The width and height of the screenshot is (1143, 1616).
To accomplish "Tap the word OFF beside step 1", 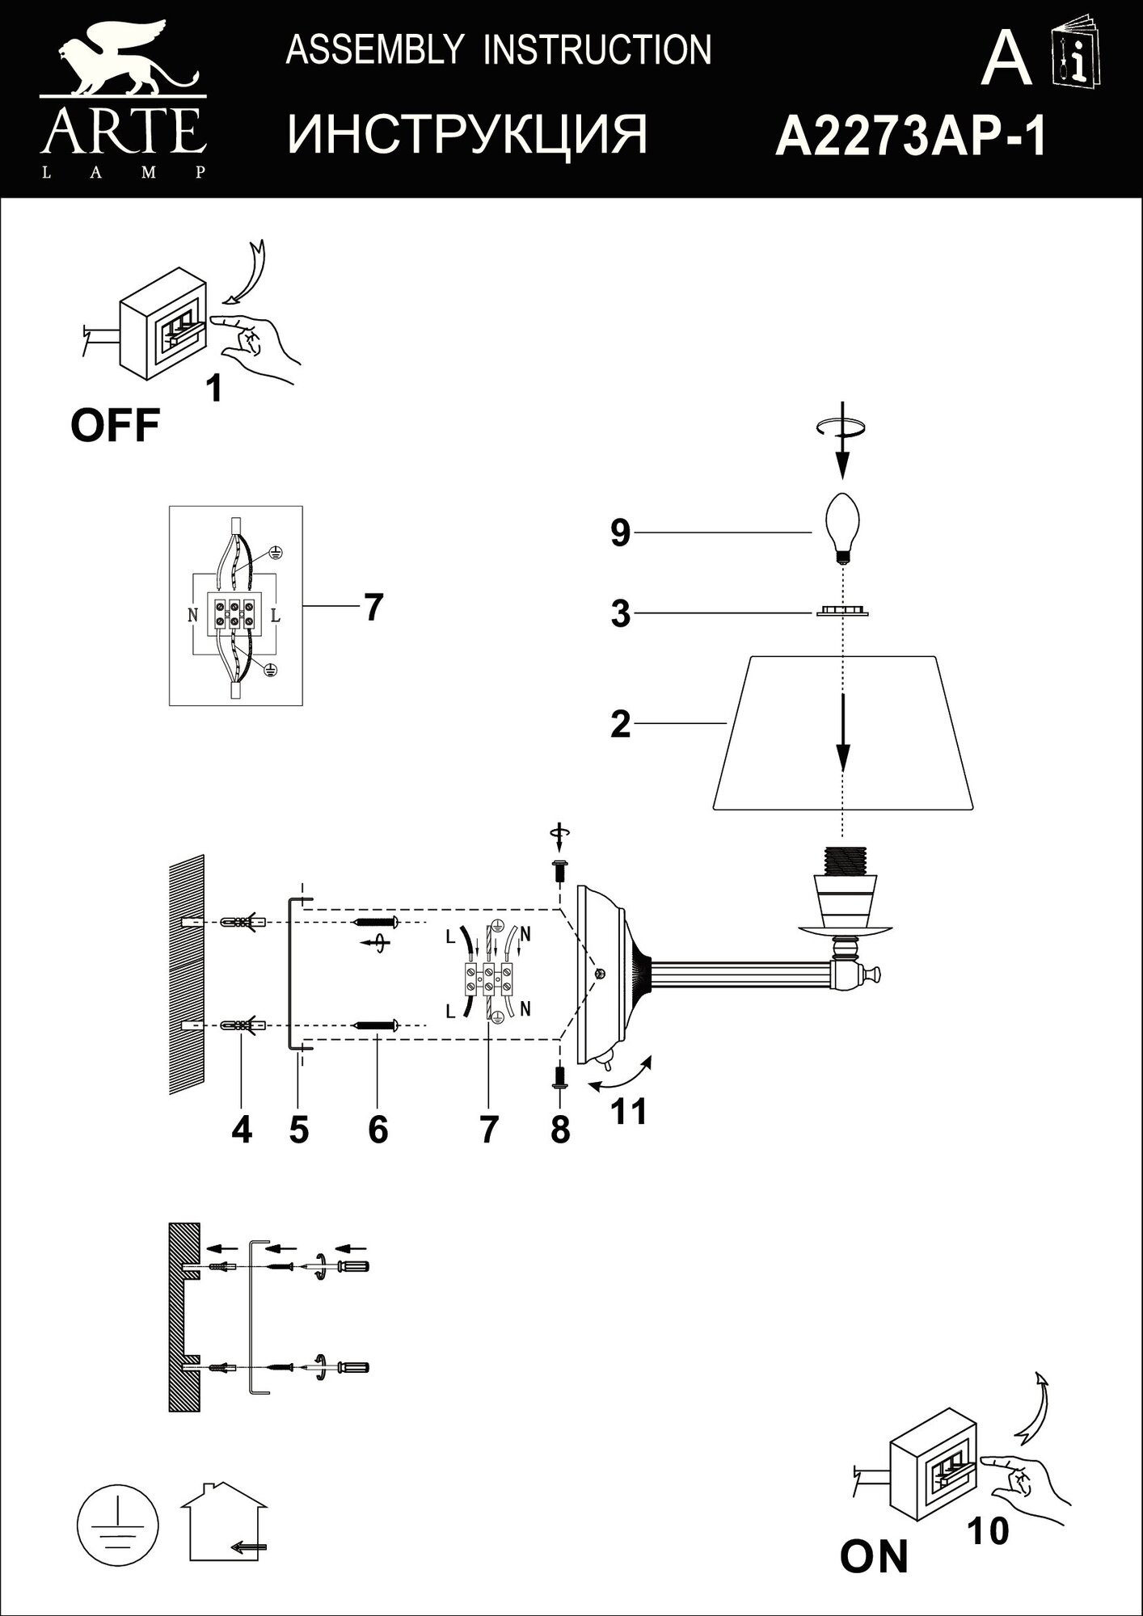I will (115, 425).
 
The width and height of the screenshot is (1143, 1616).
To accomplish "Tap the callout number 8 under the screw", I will (559, 1130).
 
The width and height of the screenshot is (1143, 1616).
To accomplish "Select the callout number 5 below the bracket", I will (298, 1130).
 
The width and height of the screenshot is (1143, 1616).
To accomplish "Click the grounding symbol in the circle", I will (119, 1524).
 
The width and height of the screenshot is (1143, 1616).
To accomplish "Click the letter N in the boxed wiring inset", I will (192, 615).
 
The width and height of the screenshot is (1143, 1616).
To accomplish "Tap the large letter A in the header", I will (1006, 61).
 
